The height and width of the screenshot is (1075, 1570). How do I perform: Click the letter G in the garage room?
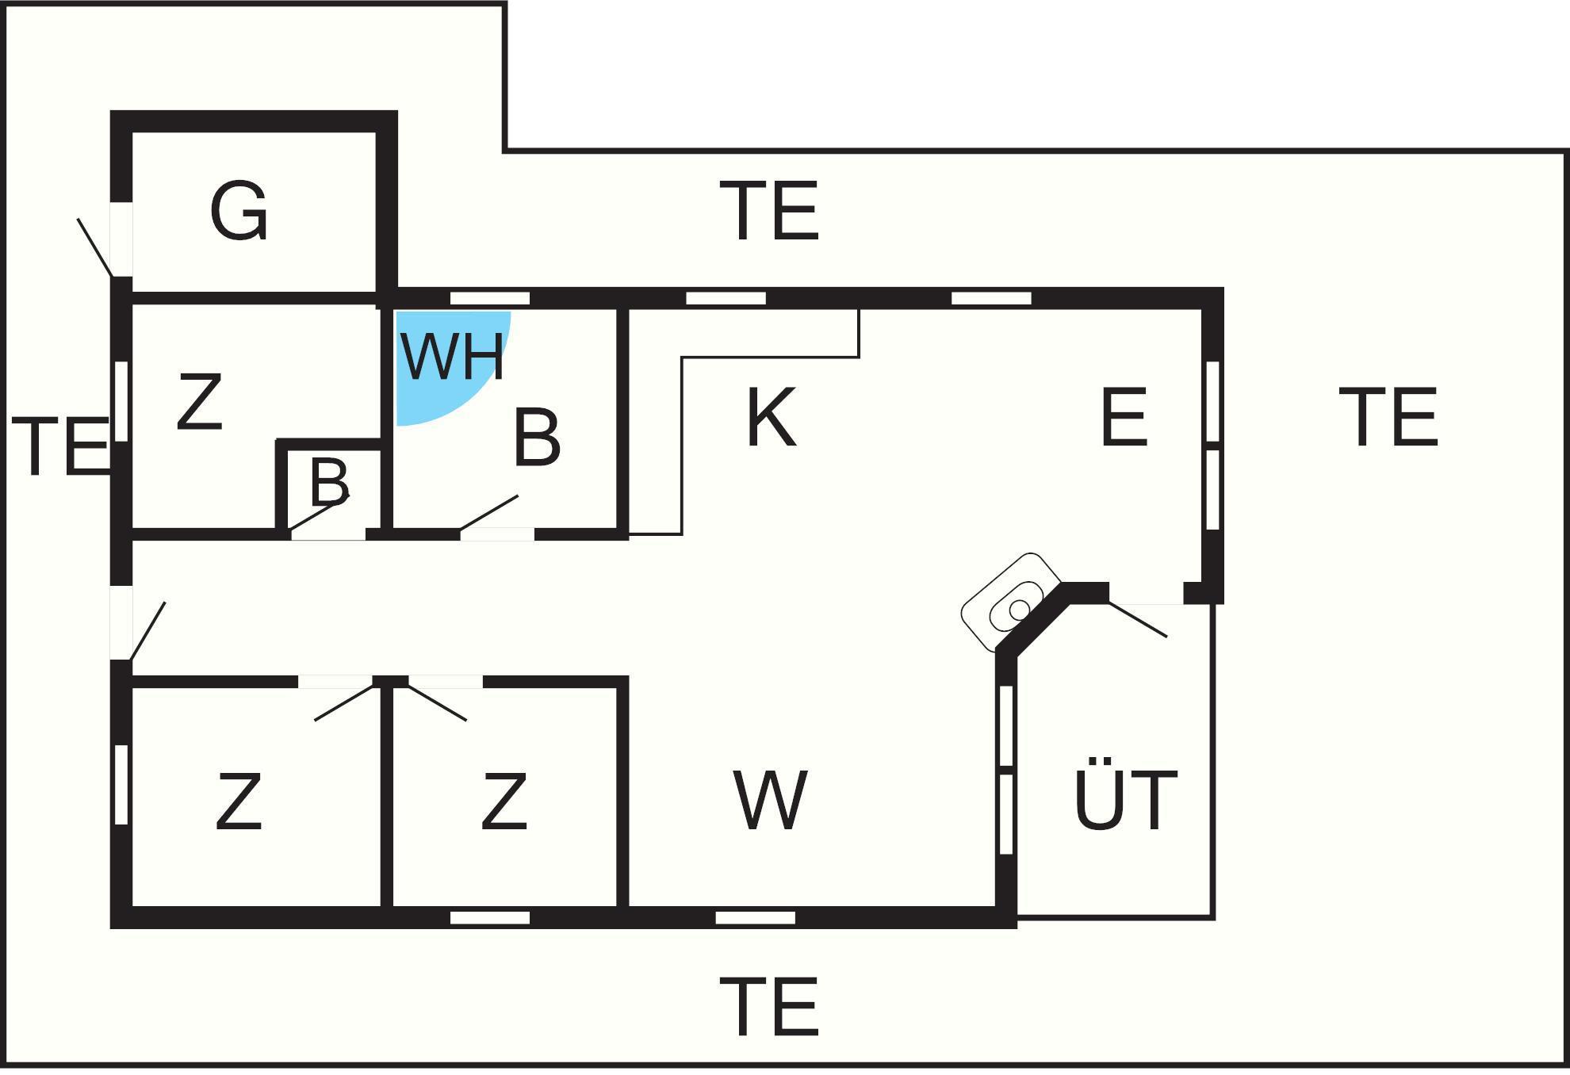pos(239,211)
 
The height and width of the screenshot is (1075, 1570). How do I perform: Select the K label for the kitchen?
pos(771,418)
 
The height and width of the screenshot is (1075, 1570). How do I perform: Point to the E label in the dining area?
pos(1124,417)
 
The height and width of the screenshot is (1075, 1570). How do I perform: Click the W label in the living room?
pos(770,801)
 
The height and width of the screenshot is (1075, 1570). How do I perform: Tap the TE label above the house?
pos(769,211)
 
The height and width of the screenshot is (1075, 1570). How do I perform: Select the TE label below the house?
pos(769,1007)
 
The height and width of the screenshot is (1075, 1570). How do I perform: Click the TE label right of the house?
pos(1388,417)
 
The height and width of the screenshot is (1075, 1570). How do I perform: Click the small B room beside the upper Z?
pos(329,482)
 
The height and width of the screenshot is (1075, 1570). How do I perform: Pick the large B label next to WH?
pos(537,437)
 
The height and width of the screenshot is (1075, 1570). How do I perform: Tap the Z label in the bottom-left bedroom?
pos(239,802)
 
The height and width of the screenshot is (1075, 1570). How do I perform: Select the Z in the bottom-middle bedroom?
pos(504,802)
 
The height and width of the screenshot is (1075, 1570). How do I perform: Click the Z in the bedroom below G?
pos(199,403)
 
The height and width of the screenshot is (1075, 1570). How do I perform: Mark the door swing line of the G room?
pos(94,247)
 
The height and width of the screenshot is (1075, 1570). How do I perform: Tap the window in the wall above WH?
pos(490,298)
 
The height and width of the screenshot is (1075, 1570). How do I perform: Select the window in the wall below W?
pos(755,918)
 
